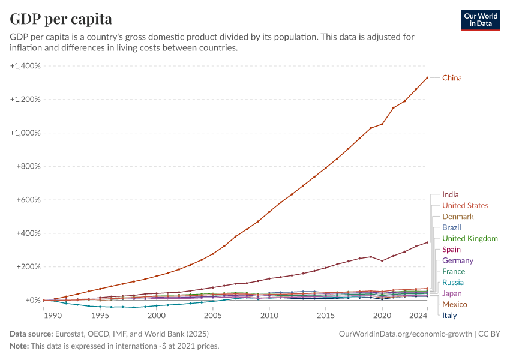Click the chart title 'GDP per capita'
coord(61,19)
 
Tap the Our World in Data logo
coord(481,20)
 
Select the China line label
coord(452,78)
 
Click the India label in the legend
coord(450,194)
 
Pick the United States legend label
coord(465,206)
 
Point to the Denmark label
coord(458,217)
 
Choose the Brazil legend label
coord(451,227)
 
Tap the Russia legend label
coord(452,283)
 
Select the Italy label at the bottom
coord(449,315)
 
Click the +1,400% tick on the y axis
coord(25,65)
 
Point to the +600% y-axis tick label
coord(28,200)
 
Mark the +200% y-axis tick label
coord(28,267)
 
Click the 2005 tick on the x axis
coord(213,315)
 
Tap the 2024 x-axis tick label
coord(416,315)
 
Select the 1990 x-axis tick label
coord(44,315)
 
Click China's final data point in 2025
coord(427,77)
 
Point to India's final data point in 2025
coord(427,242)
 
